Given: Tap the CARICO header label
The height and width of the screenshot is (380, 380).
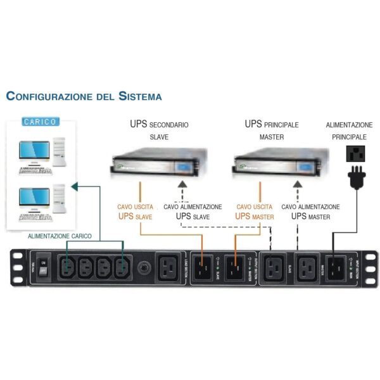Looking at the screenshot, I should click(x=40, y=121).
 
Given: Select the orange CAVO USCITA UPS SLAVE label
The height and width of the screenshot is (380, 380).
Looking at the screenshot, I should click(x=134, y=212).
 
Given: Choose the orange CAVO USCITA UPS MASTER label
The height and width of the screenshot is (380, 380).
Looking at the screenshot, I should click(x=254, y=212).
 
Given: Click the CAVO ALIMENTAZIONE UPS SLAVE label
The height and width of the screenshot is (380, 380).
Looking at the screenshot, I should click(x=193, y=212).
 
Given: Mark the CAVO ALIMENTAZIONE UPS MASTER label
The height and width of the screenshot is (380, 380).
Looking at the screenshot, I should click(x=310, y=212).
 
